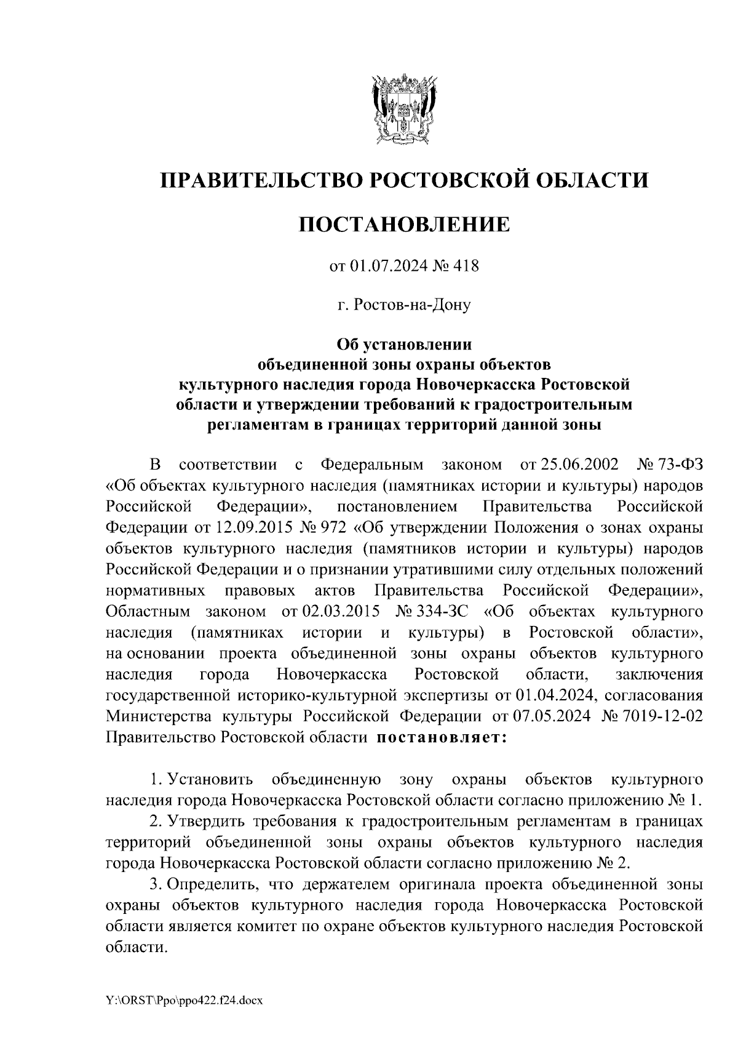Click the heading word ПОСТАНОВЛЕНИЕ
point(404,224)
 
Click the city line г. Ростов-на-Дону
point(404,305)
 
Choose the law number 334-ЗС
point(434,611)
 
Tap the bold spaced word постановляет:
point(441,737)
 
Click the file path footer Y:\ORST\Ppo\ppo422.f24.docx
point(184,1001)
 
